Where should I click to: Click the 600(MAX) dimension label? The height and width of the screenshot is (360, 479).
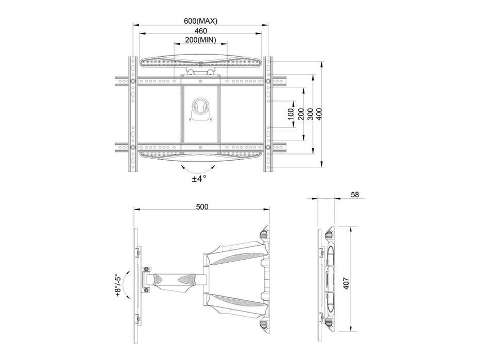(x=201, y=21)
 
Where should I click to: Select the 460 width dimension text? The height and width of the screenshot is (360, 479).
(x=200, y=31)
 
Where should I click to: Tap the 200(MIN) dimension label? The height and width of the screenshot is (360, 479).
(x=200, y=40)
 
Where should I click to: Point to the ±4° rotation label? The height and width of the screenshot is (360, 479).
(x=199, y=178)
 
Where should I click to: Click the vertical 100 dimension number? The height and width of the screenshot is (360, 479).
(x=291, y=114)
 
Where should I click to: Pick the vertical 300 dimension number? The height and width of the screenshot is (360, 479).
(x=310, y=114)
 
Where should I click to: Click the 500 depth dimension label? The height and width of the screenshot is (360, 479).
(x=202, y=207)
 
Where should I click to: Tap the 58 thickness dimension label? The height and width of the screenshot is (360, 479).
(x=355, y=195)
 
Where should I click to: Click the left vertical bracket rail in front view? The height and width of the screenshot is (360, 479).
(x=133, y=113)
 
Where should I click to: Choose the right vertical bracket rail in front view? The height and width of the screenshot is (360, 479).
(x=268, y=113)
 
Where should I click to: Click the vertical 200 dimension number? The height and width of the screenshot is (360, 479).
(x=300, y=114)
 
